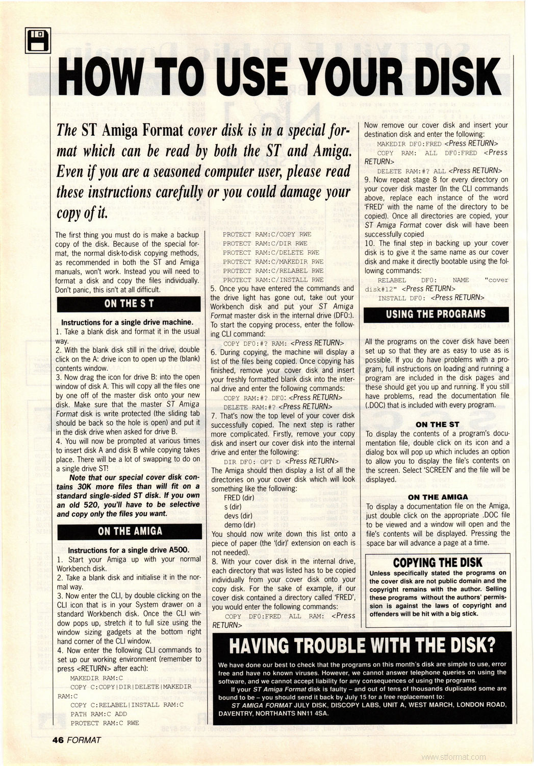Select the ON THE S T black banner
coord(129,304)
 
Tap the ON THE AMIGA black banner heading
coord(130,531)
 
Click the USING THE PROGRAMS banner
coord(436,314)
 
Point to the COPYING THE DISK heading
coord(437,562)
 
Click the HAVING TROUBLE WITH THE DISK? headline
coord(362,645)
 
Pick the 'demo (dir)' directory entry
coord(240,525)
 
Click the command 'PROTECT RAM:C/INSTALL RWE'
coord(273,280)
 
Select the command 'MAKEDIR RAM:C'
coord(96,678)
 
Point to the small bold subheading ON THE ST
coord(437,424)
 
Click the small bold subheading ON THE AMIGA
coord(438,497)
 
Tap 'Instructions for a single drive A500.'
coord(129,550)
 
